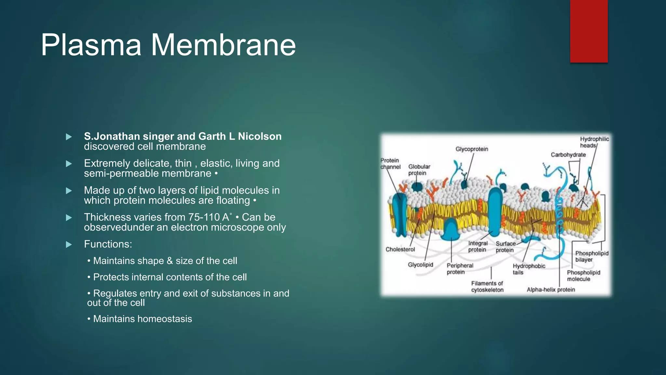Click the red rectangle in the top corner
[x=589, y=31]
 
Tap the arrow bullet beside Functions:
[x=69, y=244]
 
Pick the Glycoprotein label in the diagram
[x=472, y=149]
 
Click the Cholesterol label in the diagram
[x=400, y=249]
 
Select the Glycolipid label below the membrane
[x=420, y=265]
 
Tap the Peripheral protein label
[x=460, y=269]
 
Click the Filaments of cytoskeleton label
[x=487, y=286]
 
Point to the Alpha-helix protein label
[x=551, y=289]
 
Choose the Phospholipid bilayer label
[x=591, y=256]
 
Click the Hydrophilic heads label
[x=594, y=142]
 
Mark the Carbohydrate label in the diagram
[x=568, y=155]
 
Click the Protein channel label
[x=390, y=163]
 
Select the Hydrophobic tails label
[x=528, y=269]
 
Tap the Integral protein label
[x=477, y=246]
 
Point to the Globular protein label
[x=419, y=170]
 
